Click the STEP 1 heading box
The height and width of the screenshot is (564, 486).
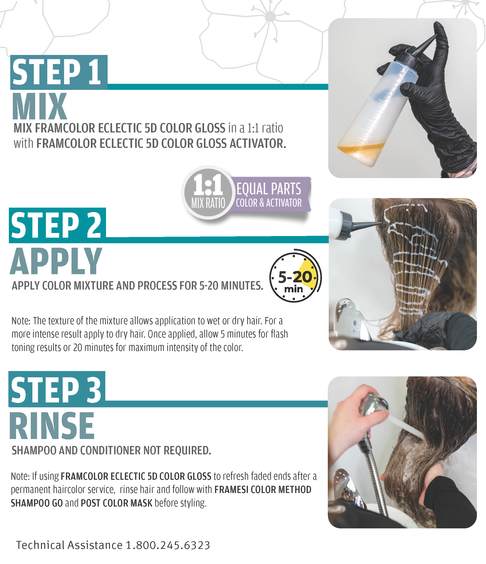[59, 72]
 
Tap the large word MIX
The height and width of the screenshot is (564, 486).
[40, 106]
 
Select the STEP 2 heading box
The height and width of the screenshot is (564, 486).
[58, 225]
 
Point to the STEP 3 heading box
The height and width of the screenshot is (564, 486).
[57, 389]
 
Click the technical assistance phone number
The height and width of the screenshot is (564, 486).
[168, 545]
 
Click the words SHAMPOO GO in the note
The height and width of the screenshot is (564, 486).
[37, 503]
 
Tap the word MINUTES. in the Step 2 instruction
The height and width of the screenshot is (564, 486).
[242, 286]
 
